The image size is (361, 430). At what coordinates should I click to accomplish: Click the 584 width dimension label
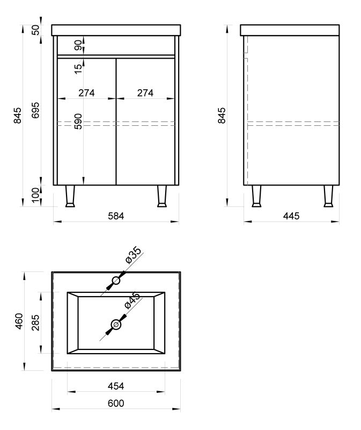pyautogui.click(x=116, y=216)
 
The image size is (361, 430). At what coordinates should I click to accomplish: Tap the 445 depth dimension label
pyautogui.click(x=291, y=216)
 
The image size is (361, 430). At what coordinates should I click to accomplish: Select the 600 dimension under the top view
pyautogui.click(x=116, y=404)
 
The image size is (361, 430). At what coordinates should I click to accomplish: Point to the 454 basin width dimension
pyautogui.click(x=116, y=386)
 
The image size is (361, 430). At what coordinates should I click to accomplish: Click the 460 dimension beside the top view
pyautogui.click(x=19, y=321)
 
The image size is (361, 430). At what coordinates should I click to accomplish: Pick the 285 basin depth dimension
pyautogui.click(x=35, y=323)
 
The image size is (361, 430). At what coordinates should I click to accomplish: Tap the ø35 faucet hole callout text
pyautogui.click(x=133, y=255)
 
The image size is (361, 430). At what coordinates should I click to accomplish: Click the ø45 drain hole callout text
pyautogui.click(x=132, y=300)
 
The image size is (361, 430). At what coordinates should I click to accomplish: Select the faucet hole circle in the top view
pyautogui.click(x=116, y=281)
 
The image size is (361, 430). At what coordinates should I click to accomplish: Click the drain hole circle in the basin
pyautogui.click(x=116, y=325)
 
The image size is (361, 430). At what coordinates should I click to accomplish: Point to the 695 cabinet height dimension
pyautogui.click(x=35, y=110)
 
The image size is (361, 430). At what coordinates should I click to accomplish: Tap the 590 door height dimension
pyautogui.click(x=78, y=121)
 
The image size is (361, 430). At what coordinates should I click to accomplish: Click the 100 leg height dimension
pyautogui.click(x=35, y=195)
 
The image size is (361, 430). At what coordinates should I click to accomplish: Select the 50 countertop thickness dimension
pyautogui.click(x=35, y=30)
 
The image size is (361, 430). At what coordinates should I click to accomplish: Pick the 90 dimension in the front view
pyautogui.click(x=78, y=45)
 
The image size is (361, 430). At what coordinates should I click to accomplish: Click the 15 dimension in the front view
pyautogui.click(x=78, y=69)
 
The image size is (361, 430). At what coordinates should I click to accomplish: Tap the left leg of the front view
pyautogui.click(x=70, y=196)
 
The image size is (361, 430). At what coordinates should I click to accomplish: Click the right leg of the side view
pyautogui.click(x=328, y=196)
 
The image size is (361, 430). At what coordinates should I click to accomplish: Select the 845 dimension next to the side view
pyautogui.click(x=222, y=116)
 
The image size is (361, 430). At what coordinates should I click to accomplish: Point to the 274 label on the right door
pyautogui.click(x=145, y=93)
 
